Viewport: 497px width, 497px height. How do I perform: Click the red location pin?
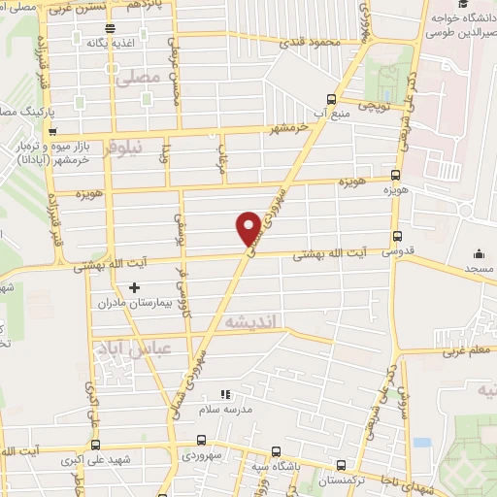click(249, 227)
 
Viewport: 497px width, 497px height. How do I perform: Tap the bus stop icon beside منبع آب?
click(332, 99)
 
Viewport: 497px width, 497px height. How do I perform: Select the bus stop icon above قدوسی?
click(396, 236)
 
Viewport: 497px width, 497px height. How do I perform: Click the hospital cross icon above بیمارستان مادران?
click(134, 287)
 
